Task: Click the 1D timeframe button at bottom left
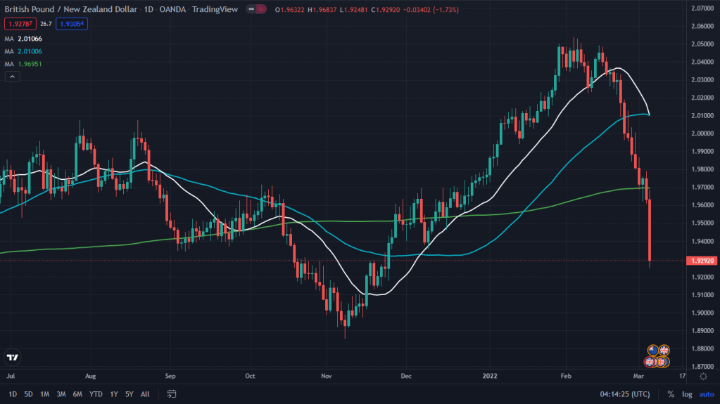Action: click(x=13, y=394)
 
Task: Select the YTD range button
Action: click(x=96, y=394)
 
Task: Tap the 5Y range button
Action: click(x=130, y=394)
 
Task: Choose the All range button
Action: click(x=145, y=394)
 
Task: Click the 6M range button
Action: click(x=77, y=394)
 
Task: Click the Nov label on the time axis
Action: click(x=326, y=376)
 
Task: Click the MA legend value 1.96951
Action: click(x=31, y=64)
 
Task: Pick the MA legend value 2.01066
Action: click(x=31, y=39)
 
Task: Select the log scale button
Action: click(x=687, y=394)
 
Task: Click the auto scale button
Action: click(x=706, y=394)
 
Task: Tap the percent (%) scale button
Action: click(x=670, y=394)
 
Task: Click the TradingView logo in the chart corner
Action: click(x=12, y=358)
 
